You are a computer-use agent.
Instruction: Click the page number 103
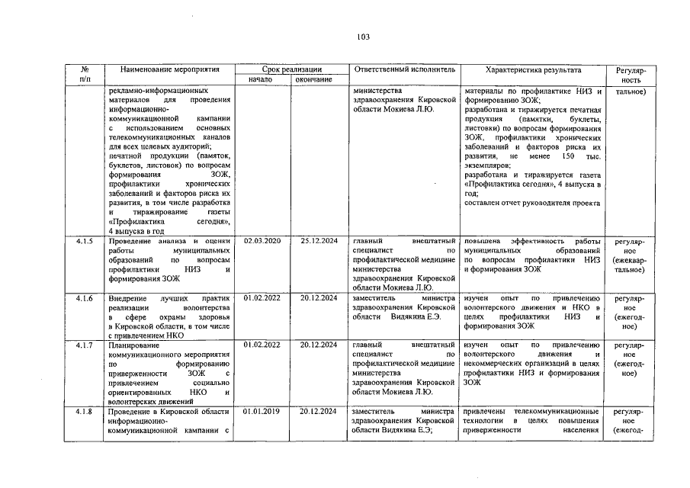(363, 37)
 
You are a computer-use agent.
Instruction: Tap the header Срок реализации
(291, 69)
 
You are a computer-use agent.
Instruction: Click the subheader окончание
(314, 79)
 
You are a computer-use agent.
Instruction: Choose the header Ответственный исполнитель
(404, 69)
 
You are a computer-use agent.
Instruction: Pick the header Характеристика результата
(533, 69)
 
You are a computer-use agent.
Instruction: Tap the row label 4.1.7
(85, 345)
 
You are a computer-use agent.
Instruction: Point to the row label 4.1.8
(85, 412)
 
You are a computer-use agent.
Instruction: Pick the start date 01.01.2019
(262, 412)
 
